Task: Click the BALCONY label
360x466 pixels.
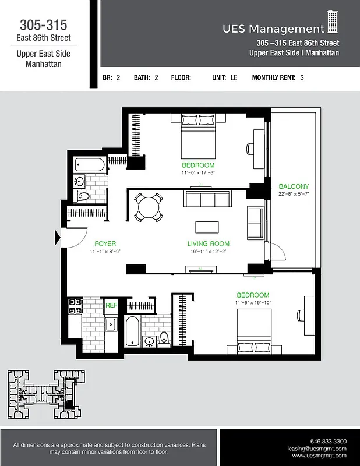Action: coord(294,186)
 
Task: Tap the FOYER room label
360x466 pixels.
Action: coord(105,243)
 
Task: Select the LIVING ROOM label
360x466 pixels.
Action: coord(208,243)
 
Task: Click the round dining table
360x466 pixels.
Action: coord(147,206)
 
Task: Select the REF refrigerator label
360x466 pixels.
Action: coord(111,305)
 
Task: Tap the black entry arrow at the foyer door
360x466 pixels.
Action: coord(58,238)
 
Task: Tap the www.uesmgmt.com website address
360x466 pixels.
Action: coord(319,456)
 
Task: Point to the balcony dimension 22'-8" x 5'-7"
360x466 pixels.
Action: coord(294,194)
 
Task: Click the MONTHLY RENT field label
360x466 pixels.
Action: coord(274,77)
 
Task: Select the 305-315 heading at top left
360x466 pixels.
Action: coord(44,25)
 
